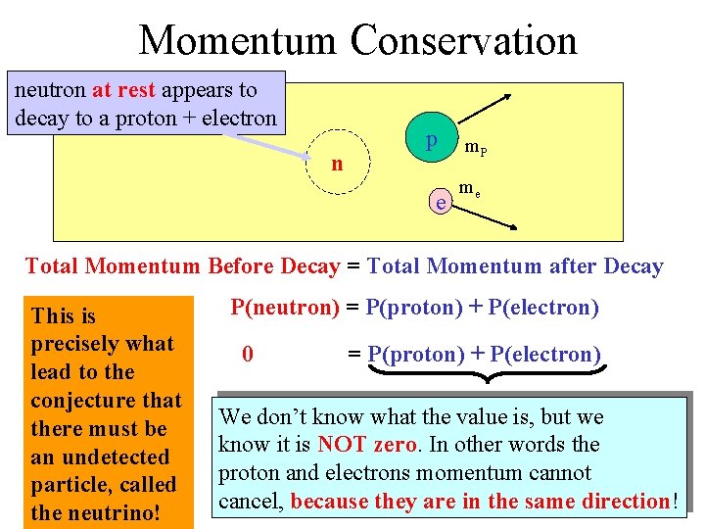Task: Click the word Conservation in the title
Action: click(x=463, y=40)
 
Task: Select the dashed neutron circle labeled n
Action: click(x=337, y=164)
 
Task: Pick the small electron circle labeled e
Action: click(x=442, y=203)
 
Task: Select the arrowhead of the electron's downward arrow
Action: click(x=512, y=227)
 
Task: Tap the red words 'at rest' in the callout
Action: click(x=124, y=90)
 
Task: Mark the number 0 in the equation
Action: click(x=248, y=354)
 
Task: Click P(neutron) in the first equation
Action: click(x=285, y=308)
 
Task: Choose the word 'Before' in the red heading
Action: click(x=244, y=266)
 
